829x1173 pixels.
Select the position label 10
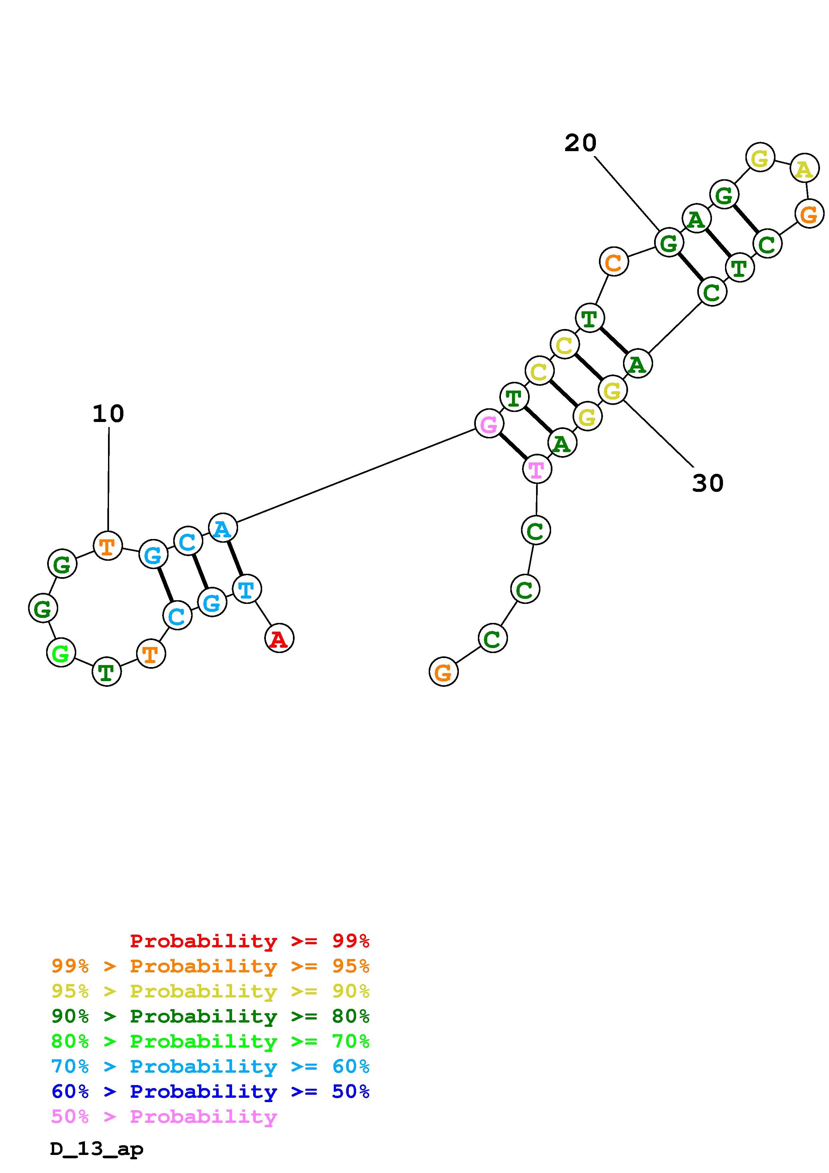tap(108, 414)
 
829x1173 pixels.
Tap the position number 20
tap(580, 143)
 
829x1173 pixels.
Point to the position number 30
tap(708, 483)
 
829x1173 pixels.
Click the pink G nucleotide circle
tap(489, 424)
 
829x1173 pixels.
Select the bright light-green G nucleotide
tap(61, 653)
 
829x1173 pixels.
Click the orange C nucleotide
tap(613, 262)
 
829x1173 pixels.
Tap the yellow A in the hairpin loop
tap(805, 168)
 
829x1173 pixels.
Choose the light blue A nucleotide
tap(223, 528)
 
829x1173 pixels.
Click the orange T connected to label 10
tap(108, 546)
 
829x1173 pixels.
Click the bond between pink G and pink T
tap(513, 446)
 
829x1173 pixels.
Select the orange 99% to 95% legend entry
tap(210, 966)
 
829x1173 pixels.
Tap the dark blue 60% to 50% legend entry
tap(210, 1091)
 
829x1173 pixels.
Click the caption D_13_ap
tap(97, 1149)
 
